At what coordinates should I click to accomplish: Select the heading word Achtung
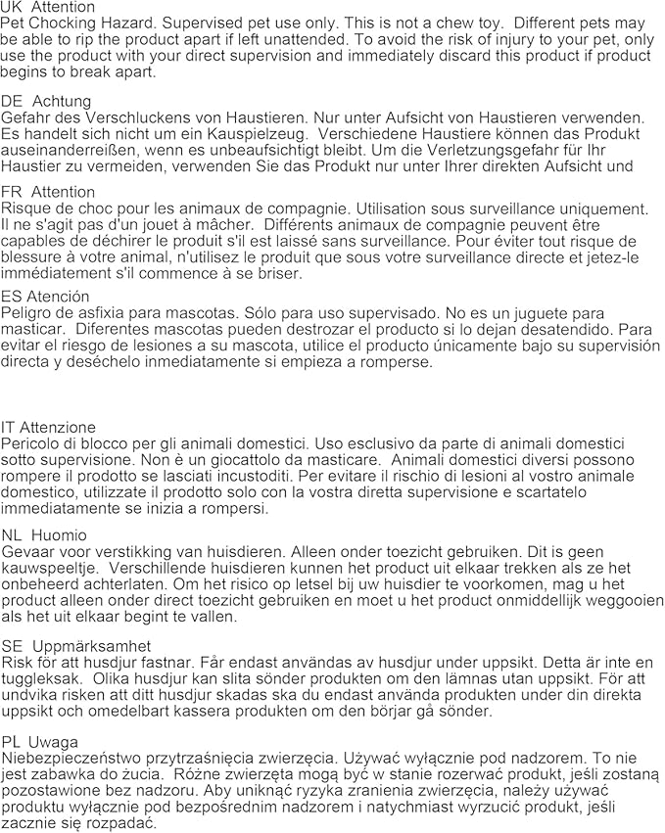(62, 101)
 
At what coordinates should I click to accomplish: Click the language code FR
(12, 192)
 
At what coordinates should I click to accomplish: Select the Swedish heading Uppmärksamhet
(91, 646)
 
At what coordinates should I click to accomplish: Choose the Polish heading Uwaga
(54, 741)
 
